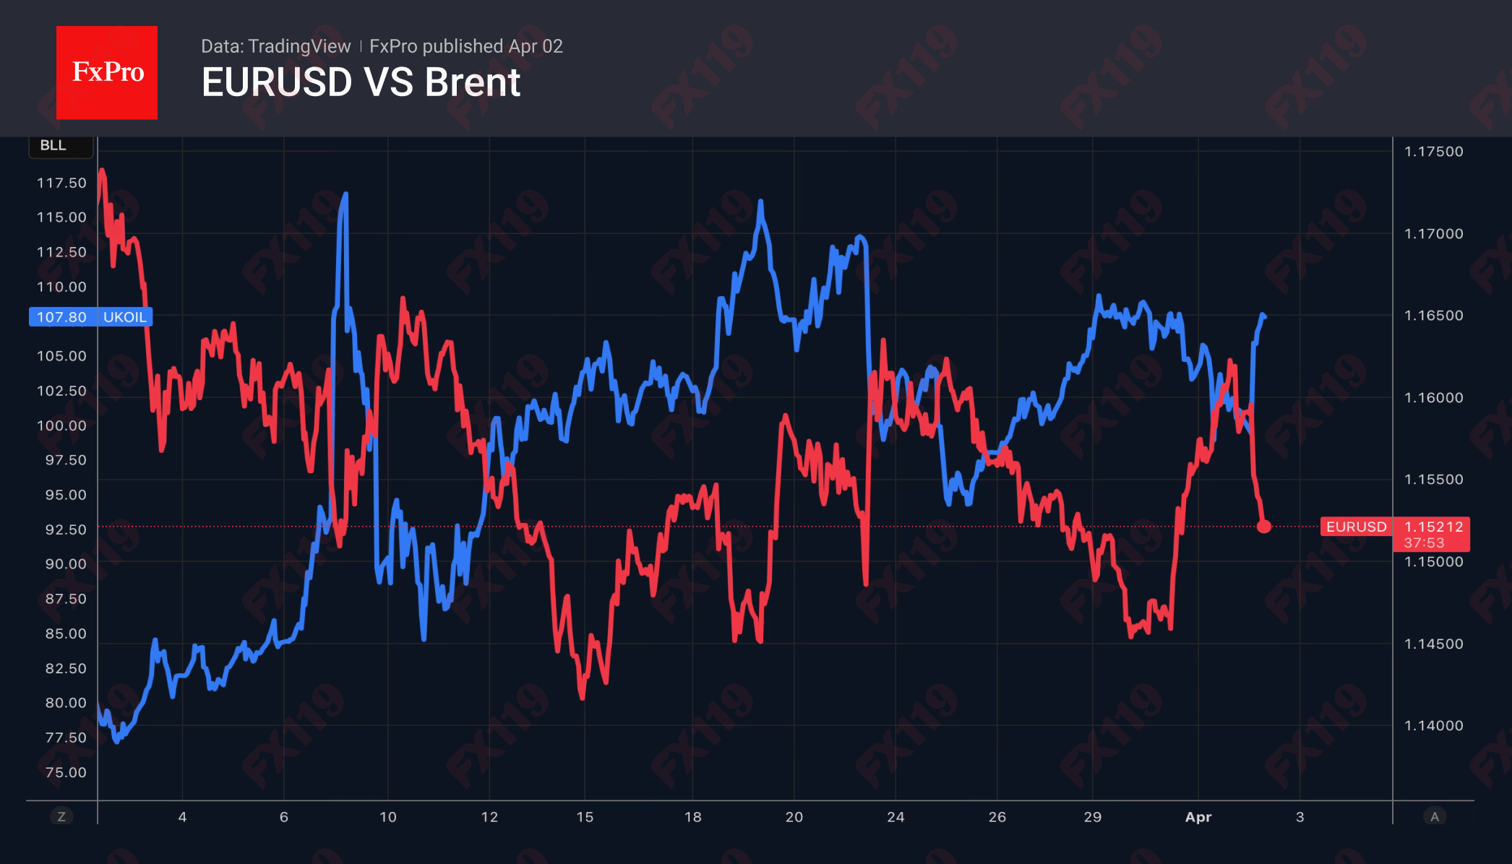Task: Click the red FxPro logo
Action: point(107,72)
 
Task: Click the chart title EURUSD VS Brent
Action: point(361,82)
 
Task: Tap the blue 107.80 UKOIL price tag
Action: point(90,317)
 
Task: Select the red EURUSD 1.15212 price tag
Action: point(1394,527)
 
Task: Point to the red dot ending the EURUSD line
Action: point(1263,527)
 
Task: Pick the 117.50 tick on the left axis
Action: point(61,183)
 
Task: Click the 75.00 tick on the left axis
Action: point(65,772)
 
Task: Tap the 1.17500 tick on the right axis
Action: point(1433,152)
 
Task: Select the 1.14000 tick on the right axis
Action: point(1433,726)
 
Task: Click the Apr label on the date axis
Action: point(1198,817)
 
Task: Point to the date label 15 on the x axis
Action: point(585,817)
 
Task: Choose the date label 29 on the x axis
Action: point(1092,817)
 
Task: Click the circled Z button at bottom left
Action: point(61,817)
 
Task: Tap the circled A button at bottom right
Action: point(1435,817)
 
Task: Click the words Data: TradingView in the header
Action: point(275,46)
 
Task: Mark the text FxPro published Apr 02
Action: point(465,46)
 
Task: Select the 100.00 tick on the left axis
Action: point(61,425)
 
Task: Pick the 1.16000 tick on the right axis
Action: point(1433,398)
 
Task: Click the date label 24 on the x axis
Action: point(895,817)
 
